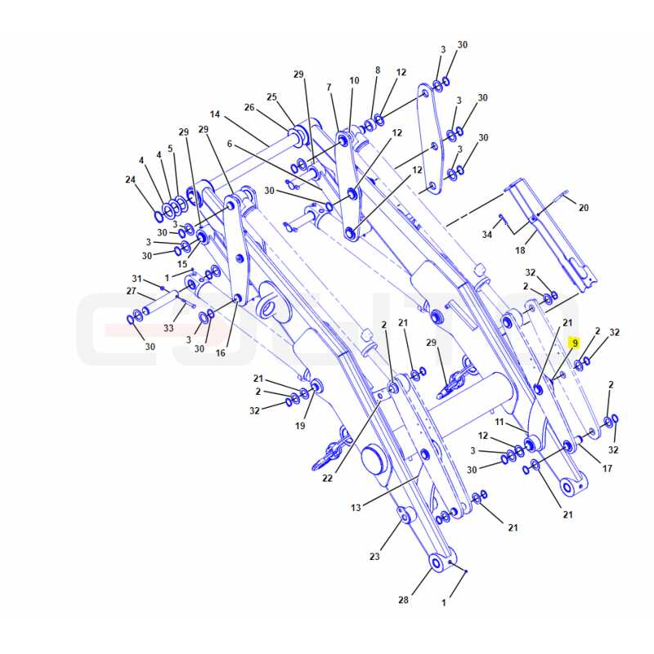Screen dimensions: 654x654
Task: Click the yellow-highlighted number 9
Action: tap(576, 343)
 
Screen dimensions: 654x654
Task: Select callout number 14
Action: tap(215, 114)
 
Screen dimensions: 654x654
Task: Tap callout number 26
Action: tap(249, 107)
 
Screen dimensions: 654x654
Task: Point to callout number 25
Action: tap(272, 96)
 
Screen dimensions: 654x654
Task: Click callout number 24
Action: tap(131, 179)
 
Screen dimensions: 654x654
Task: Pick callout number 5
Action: tap(170, 149)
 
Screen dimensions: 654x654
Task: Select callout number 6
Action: tap(230, 144)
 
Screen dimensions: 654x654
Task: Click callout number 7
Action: tap(329, 87)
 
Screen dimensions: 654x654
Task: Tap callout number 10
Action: tap(354, 80)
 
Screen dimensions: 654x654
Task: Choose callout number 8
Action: tap(378, 70)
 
